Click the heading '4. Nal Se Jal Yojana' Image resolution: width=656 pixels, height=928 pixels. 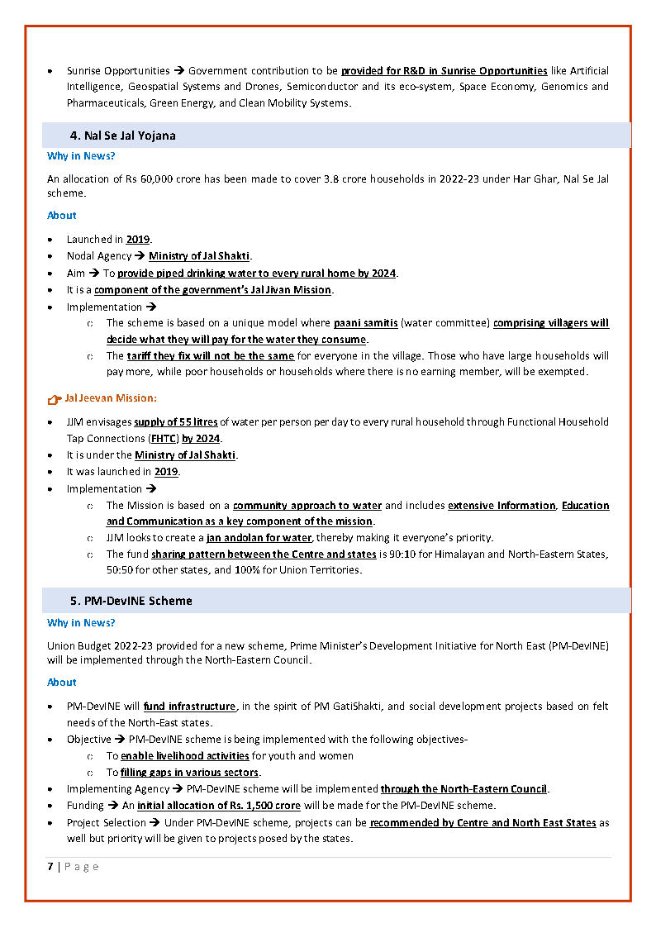(122, 136)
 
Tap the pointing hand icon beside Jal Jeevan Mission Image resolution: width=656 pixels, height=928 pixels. (54, 400)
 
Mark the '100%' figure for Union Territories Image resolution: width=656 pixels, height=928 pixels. (248, 570)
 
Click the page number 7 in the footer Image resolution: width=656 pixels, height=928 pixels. (50, 867)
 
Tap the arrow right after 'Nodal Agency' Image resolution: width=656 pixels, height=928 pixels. (140, 256)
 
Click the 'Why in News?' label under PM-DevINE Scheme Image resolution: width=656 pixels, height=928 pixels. (81, 623)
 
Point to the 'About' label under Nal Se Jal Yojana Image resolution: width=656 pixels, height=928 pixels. (62, 216)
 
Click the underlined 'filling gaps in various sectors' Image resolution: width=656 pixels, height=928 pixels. (190, 773)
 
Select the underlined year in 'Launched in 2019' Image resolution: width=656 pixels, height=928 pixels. (138, 240)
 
